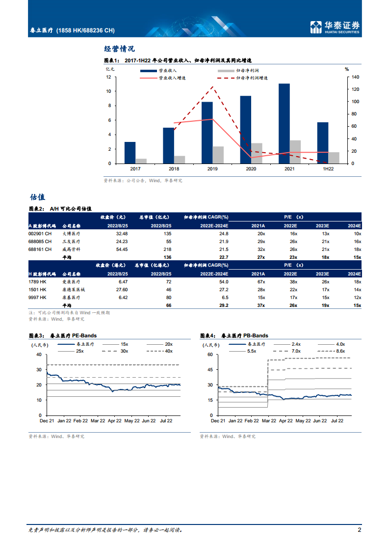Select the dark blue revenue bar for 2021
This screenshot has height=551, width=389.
(x=284, y=123)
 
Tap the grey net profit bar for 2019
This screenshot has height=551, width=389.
(x=218, y=155)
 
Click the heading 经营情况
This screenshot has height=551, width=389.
(x=119, y=49)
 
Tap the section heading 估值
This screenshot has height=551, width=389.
(x=37, y=197)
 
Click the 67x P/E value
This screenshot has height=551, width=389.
(x=260, y=282)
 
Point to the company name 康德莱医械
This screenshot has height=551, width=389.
(x=74, y=290)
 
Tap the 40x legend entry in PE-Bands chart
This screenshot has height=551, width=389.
(x=162, y=351)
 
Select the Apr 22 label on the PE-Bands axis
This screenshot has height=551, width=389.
(x=114, y=421)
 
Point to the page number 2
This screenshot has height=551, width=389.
(x=359, y=530)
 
